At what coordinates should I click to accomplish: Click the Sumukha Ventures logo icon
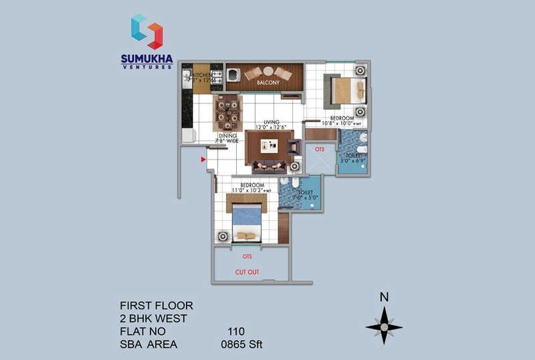[x=146, y=32]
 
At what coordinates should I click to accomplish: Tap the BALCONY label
[x=268, y=82]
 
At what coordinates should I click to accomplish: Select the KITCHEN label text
[x=203, y=75]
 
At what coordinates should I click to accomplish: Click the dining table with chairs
[x=227, y=112]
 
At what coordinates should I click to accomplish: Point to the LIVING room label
[x=271, y=122]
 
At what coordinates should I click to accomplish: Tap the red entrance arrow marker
[x=203, y=159]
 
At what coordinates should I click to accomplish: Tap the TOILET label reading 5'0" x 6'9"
[x=352, y=158]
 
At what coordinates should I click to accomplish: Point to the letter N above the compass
[x=384, y=298]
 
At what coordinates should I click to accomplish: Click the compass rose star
[x=384, y=327]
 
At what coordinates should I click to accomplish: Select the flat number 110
[x=236, y=331]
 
